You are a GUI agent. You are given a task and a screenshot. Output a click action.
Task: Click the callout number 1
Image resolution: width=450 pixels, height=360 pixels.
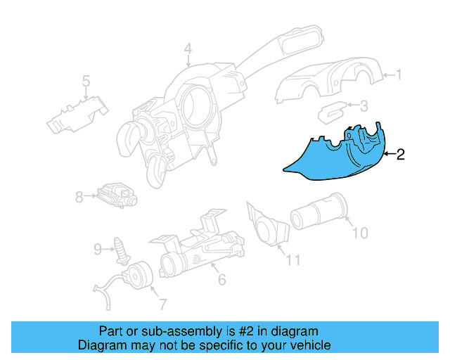point(399,74)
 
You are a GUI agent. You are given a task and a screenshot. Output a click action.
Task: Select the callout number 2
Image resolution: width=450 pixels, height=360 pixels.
point(400,155)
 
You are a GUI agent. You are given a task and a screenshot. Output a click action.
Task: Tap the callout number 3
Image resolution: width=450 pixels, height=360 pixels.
point(364,107)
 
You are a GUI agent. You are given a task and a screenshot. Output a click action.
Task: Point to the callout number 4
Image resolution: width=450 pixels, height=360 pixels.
point(188,49)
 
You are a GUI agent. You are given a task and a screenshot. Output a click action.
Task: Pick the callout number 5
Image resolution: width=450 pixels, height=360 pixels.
point(85,82)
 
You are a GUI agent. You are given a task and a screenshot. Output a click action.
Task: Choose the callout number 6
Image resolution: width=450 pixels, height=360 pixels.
point(221,281)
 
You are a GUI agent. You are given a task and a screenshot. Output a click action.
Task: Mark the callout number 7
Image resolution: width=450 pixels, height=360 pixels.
point(162,304)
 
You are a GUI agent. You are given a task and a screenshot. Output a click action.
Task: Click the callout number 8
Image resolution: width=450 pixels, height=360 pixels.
point(79,198)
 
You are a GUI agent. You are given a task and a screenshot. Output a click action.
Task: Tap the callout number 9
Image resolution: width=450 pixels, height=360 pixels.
point(98,247)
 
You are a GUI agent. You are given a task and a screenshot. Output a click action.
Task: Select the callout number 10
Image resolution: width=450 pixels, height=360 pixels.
point(359,233)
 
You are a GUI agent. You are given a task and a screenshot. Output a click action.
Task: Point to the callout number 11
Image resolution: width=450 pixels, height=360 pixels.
point(292,260)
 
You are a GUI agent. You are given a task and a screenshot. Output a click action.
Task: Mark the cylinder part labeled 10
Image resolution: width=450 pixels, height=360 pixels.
point(319,212)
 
